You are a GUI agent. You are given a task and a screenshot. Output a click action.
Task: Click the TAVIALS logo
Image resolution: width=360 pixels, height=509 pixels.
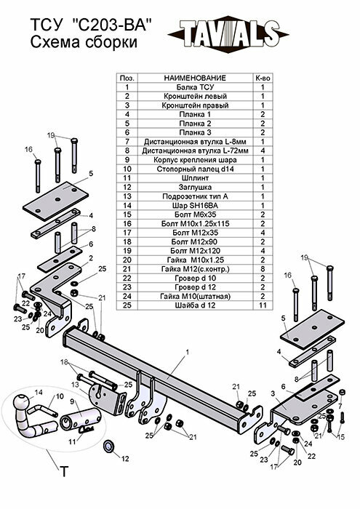tap(226, 33)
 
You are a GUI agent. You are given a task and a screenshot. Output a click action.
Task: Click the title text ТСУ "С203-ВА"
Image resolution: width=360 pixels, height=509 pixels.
tap(92, 27)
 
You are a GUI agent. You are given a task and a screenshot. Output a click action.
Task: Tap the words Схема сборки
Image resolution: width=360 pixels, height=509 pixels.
tap(83, 44)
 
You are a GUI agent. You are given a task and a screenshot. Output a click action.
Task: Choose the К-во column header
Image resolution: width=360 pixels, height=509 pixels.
tap(262, 77)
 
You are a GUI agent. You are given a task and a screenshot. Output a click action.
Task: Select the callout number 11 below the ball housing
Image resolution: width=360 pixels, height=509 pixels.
tap(71, 441)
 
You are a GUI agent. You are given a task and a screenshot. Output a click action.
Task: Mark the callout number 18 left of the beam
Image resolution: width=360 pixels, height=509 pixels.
tap(65, 361)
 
